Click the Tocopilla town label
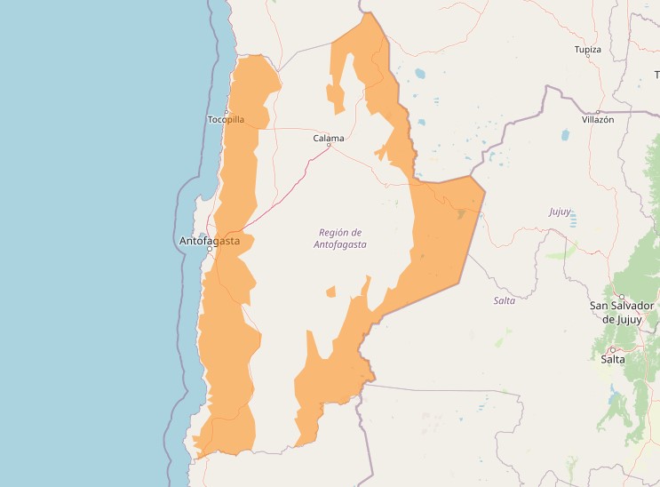click(225, 119)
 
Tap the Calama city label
click(329, 138)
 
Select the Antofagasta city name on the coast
click(210, 241)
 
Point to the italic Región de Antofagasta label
click(342, 238)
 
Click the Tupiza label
click(587, 50)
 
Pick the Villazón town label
click(598, 119)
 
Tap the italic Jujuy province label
click(560, 212)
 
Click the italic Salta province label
click(505, 301)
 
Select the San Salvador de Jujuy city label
click(622, 312)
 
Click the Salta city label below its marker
click(613, 360)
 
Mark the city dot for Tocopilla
click(227, 111)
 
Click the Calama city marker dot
click(329, 147)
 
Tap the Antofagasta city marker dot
click(210, 250)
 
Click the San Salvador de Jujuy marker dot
click(622, 297)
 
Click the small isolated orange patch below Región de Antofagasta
click(331, 291)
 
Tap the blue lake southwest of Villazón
click(564, 136)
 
